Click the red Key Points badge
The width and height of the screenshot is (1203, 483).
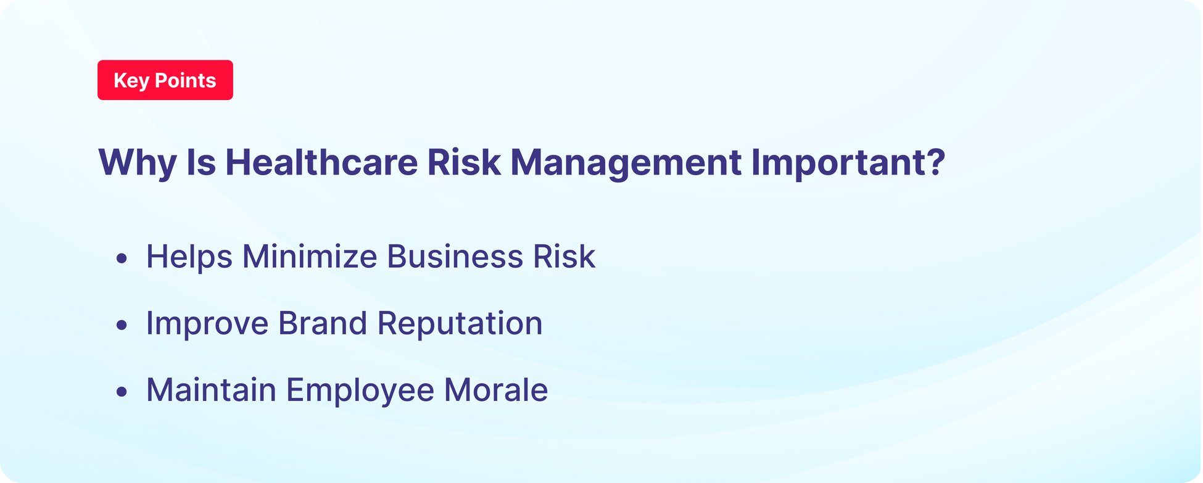(165, 80)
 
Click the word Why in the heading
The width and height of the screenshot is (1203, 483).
(137, 163)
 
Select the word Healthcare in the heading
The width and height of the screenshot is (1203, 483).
(321, 163)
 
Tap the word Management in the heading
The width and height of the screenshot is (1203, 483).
(626, 163)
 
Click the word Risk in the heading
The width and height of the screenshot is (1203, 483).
(464, 163)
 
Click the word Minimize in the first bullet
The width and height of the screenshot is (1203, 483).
(309, 257)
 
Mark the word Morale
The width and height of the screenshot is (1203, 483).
(495, 390)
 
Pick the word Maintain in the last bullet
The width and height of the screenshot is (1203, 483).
(211, 390)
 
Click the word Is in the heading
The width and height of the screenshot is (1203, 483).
(201, 163)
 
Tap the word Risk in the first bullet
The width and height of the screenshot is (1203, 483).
(564, 257)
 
